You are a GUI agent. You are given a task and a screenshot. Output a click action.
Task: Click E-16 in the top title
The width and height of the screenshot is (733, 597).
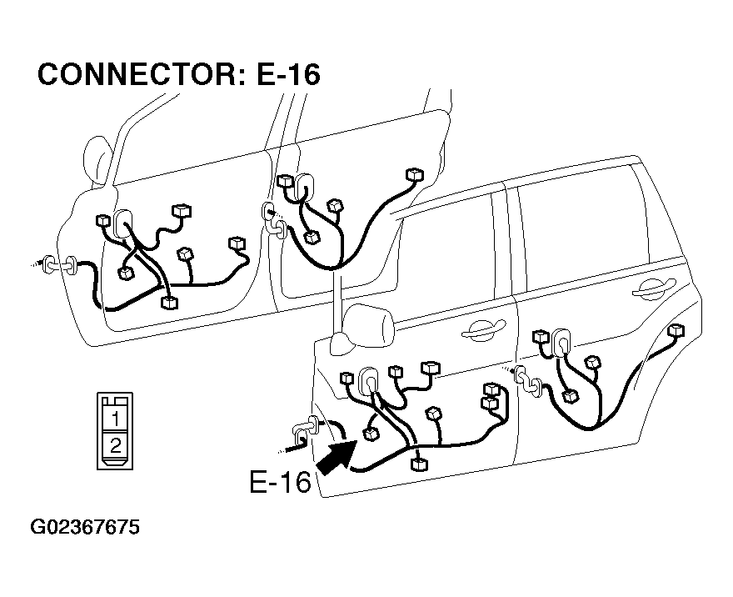288,74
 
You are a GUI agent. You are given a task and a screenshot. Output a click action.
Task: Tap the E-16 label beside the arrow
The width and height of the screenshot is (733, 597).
280,481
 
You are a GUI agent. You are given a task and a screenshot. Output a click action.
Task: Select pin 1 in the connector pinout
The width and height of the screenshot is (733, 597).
115,419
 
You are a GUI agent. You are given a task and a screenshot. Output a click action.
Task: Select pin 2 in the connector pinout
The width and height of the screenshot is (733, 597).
115,444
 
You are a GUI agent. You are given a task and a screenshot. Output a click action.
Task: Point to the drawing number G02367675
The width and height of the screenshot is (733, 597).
85,527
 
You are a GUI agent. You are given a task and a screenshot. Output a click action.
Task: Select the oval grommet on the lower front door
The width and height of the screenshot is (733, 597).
369,381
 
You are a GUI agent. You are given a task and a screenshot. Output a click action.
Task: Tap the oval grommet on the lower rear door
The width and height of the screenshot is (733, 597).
561,343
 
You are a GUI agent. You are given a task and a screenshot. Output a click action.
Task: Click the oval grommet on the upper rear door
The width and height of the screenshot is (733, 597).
304,188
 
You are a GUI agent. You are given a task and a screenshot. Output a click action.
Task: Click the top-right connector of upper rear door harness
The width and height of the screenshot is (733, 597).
415,174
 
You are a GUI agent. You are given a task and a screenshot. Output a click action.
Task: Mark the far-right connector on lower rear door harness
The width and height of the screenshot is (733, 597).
676,329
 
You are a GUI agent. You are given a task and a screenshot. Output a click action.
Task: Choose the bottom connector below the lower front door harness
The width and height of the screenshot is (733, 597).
418,464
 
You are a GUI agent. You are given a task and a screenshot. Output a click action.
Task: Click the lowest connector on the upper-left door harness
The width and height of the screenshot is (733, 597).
169,302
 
